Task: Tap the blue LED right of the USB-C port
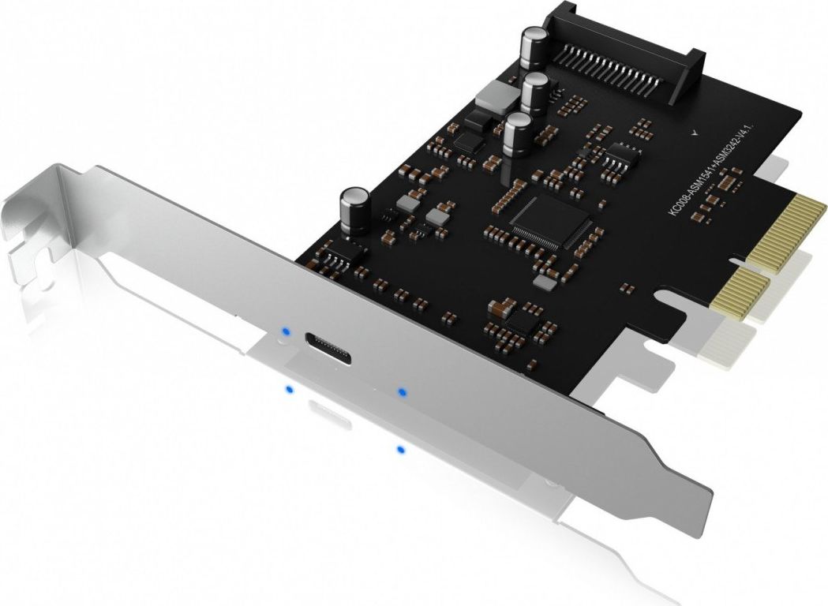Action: point(402,391)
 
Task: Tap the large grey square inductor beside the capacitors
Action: point(493,96)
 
